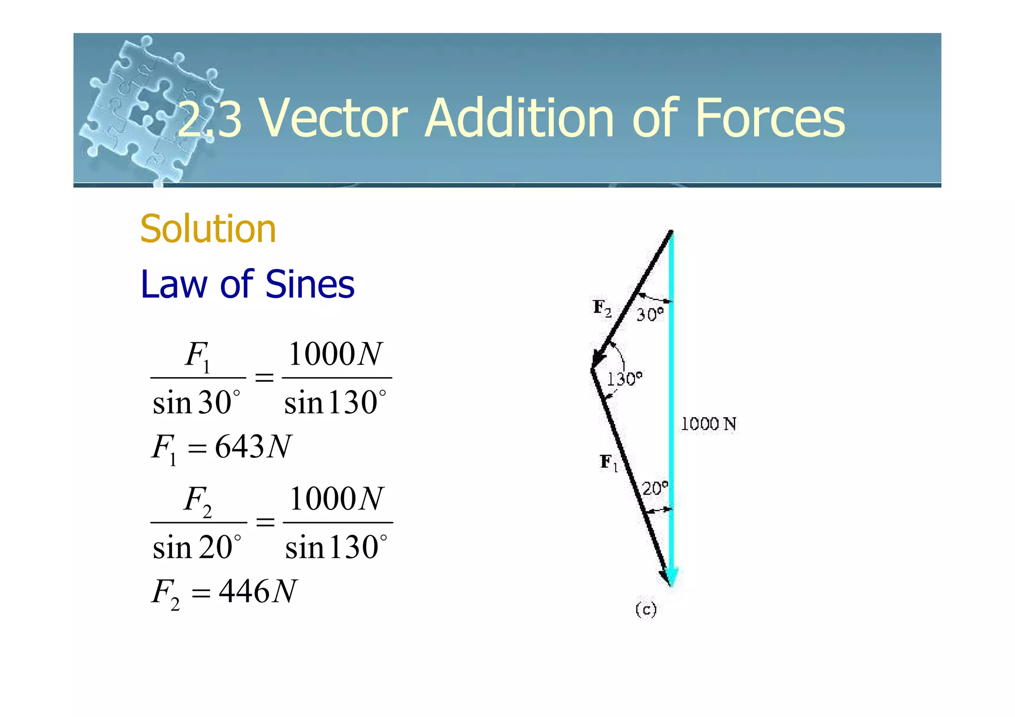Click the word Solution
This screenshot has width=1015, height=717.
point(208,229)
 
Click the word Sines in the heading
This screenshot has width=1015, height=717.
point(310,284)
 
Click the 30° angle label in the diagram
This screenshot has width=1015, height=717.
point(649,314)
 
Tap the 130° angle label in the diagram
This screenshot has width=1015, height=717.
point(624,379)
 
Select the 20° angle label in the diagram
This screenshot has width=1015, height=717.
point(655,489)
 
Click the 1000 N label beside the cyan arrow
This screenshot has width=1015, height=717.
point(708,424)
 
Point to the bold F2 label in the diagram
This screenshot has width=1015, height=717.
point(602,308)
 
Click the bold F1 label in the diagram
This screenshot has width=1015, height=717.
point(609,462)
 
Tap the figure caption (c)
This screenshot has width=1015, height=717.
point(646,609)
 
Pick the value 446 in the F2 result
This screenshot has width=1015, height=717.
point(244,591)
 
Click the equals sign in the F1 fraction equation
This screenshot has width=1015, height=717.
point(264,378)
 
